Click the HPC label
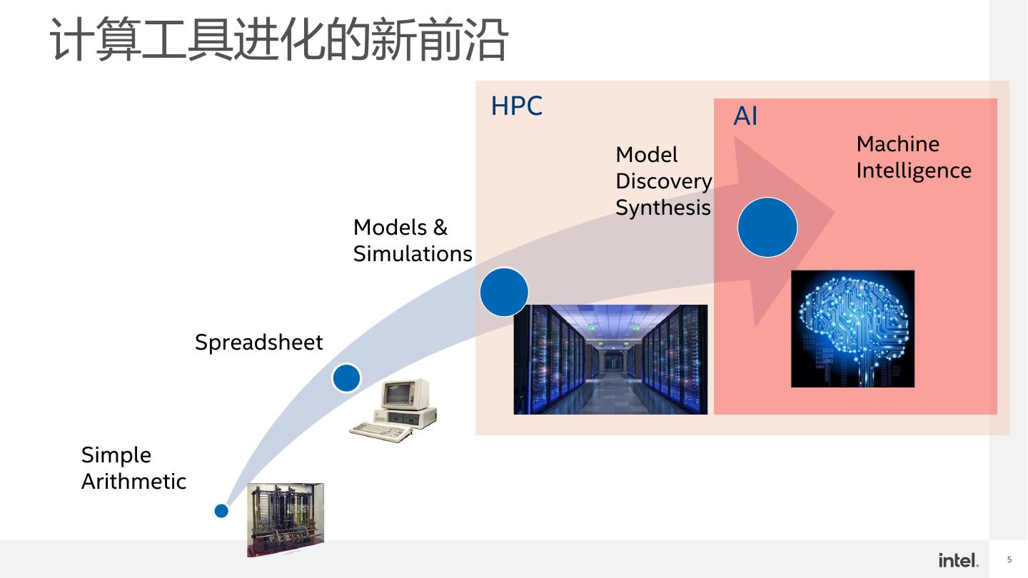click(516, 106)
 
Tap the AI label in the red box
click(745, 116)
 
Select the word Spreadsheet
click(258, 343)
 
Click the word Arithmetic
click(133, 482)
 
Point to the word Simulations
click(413, 254)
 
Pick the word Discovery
click(663, 181)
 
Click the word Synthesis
click(662, 208)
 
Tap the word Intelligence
click(914, 171)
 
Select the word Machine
click(897, 144)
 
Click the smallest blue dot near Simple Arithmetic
click(221, 511)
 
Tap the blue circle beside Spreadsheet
click(346, 377)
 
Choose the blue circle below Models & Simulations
click(504, 292)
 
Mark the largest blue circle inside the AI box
click(767, 228)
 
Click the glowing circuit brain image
click(852, 329)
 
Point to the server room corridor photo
click(610, 359)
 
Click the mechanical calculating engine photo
click(285, 519)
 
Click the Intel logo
click(958, 560)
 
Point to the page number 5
click(1009, 560)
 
